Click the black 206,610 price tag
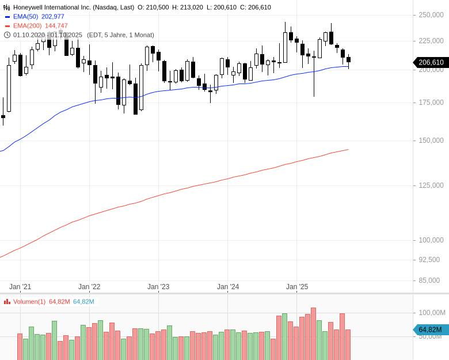[x=431, y=62]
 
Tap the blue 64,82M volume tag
[x=430, y=329]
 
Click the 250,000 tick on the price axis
[x=431, y=15]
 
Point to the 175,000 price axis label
[x=431, y=103]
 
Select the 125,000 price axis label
[x=431, y=185]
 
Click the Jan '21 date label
[x=20, y=287]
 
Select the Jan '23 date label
[x=158, y=287]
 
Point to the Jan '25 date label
[x=297, y=287]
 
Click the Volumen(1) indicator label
[x=29, y=302]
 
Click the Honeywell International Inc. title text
[x=74, y=7]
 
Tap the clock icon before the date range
[x=7, y=35]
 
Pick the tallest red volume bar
[x=313, y=334]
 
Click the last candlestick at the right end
[x=348, y=60]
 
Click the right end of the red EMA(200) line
[x=348, y=150]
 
